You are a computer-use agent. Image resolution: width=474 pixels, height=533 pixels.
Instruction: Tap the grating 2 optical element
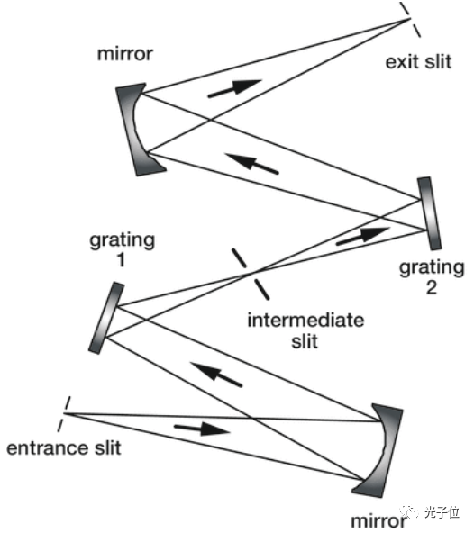click(x=430, y=212)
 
